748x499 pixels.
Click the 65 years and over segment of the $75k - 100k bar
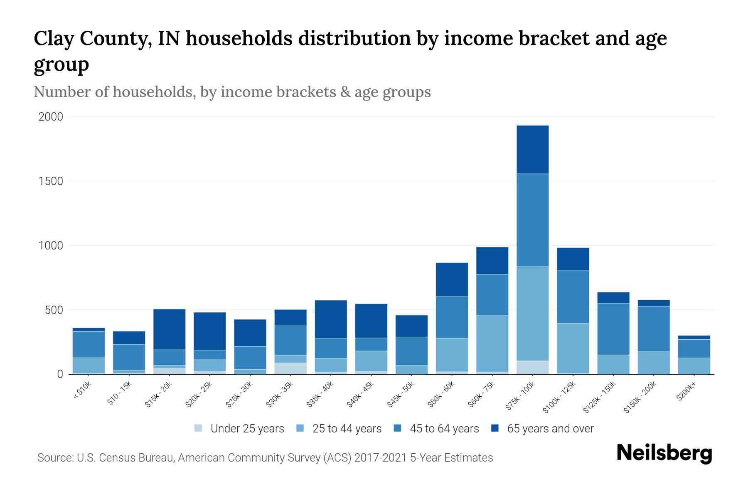532,150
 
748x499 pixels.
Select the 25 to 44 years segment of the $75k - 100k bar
532,314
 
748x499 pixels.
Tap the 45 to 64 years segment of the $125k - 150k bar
613,329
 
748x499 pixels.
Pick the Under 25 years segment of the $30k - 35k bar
290,368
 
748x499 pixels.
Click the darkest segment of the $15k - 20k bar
169,329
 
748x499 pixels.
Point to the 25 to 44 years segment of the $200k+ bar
694,366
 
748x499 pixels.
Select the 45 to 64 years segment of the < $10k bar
89,344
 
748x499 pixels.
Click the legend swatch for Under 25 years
199,428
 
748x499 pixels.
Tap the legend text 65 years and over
550,429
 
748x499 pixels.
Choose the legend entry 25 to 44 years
347,429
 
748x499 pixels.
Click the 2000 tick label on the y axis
51,117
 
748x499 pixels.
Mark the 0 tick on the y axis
60,374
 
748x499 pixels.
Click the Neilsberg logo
664,453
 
